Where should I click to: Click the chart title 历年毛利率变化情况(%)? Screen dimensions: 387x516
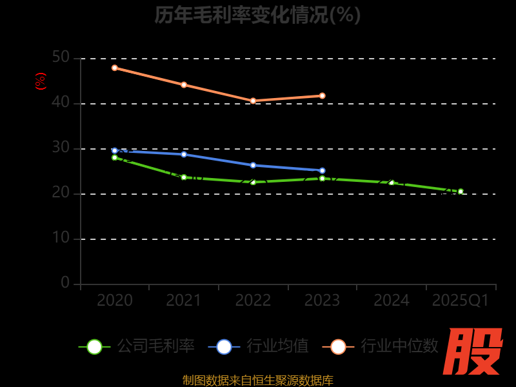(257, 15)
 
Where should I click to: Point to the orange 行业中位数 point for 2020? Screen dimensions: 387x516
(115, 68)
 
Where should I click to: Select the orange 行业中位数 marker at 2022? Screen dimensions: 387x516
(253, 101)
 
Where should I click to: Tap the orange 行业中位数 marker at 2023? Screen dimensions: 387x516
(322, 95)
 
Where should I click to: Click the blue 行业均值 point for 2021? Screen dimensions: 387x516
(184, 154)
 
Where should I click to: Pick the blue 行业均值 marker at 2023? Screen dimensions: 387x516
(322, 170)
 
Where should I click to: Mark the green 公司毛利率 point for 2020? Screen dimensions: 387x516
(115, 157)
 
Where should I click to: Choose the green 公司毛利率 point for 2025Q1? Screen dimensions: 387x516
(461, 192)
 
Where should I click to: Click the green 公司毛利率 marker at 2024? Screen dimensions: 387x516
(392, 183)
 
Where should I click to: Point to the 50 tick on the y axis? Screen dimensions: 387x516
(61, 57)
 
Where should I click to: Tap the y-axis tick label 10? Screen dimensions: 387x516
(61, 238)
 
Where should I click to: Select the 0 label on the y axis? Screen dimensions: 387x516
(65, 283)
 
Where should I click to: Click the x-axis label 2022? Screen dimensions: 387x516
(253, 301)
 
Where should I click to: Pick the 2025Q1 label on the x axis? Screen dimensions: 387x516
(461, 301)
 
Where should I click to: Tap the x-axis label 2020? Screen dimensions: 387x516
(115, 301)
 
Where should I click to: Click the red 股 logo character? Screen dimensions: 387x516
(473, 352)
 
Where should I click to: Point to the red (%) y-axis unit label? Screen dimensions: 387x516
(41, 81)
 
